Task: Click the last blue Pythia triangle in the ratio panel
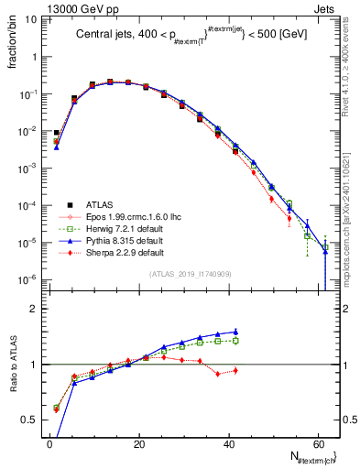235,332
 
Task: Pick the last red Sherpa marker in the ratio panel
235,370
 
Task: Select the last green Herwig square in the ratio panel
235,340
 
